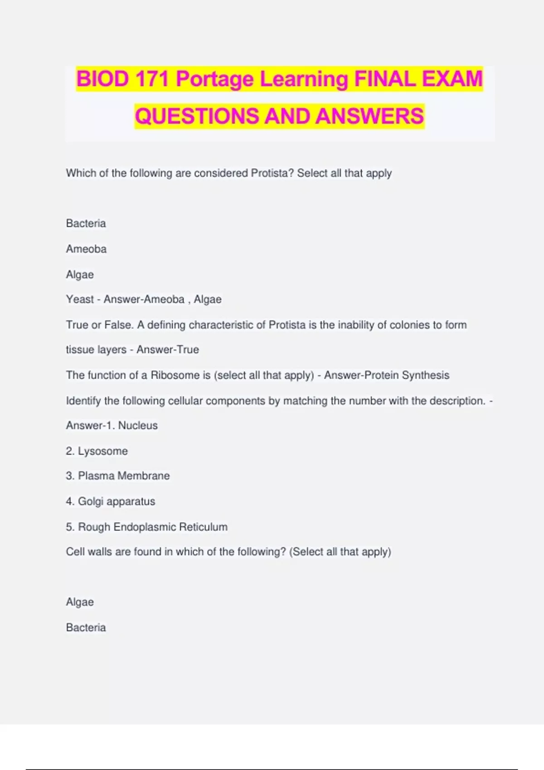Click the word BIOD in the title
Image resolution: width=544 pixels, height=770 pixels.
click(102, 79)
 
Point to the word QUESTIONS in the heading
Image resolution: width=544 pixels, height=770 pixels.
click(197, 116)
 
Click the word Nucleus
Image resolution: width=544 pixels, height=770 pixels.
click(138, 425)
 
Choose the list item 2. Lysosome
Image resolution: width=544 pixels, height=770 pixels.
click(97, 451)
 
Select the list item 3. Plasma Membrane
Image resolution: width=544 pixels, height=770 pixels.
click(117, 476)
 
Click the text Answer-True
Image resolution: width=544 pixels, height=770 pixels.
click(168, 350)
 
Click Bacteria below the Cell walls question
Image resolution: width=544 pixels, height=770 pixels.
click(86, 627)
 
